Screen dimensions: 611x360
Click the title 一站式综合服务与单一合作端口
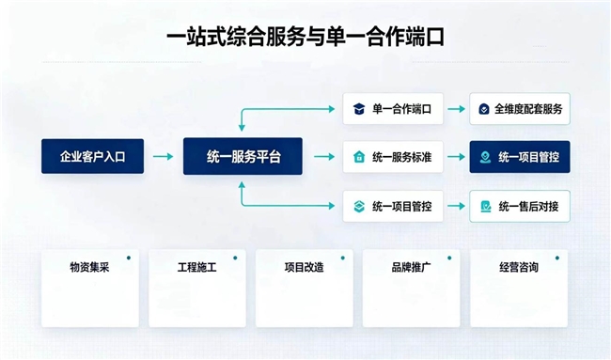click(305, 37)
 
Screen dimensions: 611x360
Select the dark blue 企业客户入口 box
click(93, 156)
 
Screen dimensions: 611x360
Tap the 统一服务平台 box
click(243, 156)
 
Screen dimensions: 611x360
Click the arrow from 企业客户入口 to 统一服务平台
click(163, 157)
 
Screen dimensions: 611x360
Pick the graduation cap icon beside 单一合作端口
click(359, 109)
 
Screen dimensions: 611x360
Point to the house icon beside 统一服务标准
click(359, 157)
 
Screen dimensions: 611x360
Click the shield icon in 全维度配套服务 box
click(484, 109)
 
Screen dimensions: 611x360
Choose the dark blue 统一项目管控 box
click(520, 157)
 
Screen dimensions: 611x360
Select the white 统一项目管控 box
click(393, 206)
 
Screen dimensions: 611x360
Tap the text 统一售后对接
click(528, 206)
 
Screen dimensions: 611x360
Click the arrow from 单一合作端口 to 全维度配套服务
click(456, 109)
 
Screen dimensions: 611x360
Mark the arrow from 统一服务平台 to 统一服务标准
click(324, 157)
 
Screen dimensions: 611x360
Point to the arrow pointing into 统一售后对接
click(456, 206)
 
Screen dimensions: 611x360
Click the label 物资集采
click(89, 267)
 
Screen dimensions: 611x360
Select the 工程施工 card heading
click(196, 267)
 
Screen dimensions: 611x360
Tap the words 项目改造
click(304, 267)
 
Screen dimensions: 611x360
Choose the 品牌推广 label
click(411, 267)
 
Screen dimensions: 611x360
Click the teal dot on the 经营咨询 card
click(557, 258)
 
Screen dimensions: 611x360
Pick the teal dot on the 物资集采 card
click(129, 258)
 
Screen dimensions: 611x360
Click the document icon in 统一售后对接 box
click(486, 206)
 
